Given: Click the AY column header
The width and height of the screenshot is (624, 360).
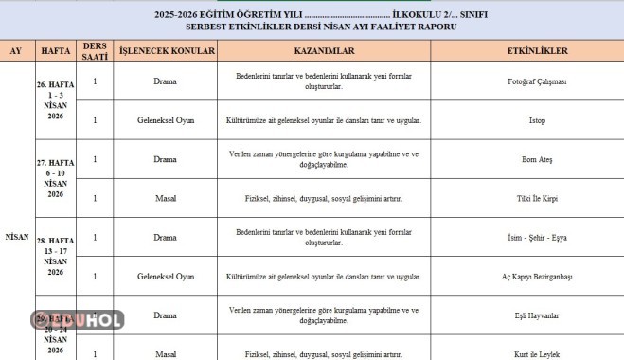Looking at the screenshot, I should coord(15,49).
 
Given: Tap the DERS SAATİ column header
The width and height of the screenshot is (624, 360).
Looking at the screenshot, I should coord(95,50).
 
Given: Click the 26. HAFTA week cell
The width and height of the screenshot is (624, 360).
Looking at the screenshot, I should coord(55,101).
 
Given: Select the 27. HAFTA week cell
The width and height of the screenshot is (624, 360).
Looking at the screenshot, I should coord(55,178).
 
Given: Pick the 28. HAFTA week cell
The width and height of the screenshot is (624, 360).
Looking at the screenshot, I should coord(55,256).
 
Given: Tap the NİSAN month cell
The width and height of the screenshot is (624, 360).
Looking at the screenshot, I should coord(16,236).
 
